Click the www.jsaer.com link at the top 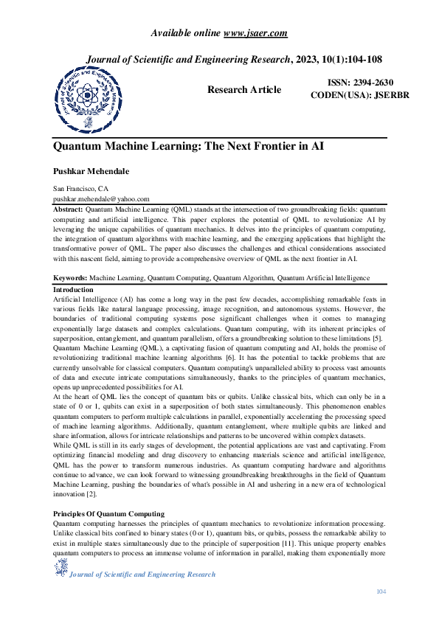255,32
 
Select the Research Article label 243,89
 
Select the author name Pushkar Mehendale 91,171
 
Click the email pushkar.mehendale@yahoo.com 101,198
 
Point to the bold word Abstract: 68,209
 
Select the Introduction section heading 73,290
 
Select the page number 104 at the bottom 381,591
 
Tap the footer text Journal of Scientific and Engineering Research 142,574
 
